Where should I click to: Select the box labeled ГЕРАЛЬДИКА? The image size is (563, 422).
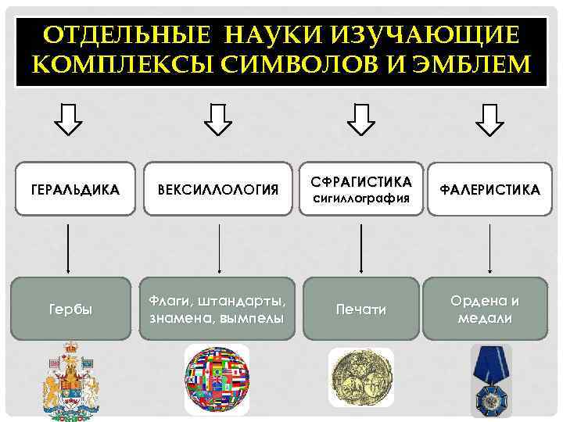pyautogui.click(x=74, y=190)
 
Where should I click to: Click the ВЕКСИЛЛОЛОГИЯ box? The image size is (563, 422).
pyautogui.click(x=218, y=190)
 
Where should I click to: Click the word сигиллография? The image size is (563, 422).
pyautogui.click(x=361, y=198)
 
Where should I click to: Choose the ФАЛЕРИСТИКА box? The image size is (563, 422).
pyautogui.click(x=489, y=190)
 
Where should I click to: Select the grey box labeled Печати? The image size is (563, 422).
pyautogui.click(x=360, y=310)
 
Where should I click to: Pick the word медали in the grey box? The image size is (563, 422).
pyautogui.click(x=487, y=317)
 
